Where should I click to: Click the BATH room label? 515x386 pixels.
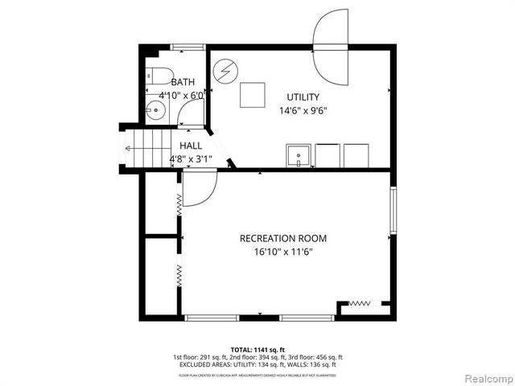[x=183, y=82]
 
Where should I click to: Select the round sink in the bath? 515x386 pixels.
[x=154, y=111]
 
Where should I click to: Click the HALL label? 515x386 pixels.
[x=191, y=146]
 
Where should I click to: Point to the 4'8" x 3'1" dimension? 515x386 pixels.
[x=191, y=159]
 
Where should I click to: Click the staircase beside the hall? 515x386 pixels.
[x=145, y=150]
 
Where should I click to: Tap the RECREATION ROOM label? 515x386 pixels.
[x=283, y=238]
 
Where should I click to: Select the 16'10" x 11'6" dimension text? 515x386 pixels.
[x=283, y=252]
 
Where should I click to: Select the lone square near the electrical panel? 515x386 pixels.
[x=253, y=94]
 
